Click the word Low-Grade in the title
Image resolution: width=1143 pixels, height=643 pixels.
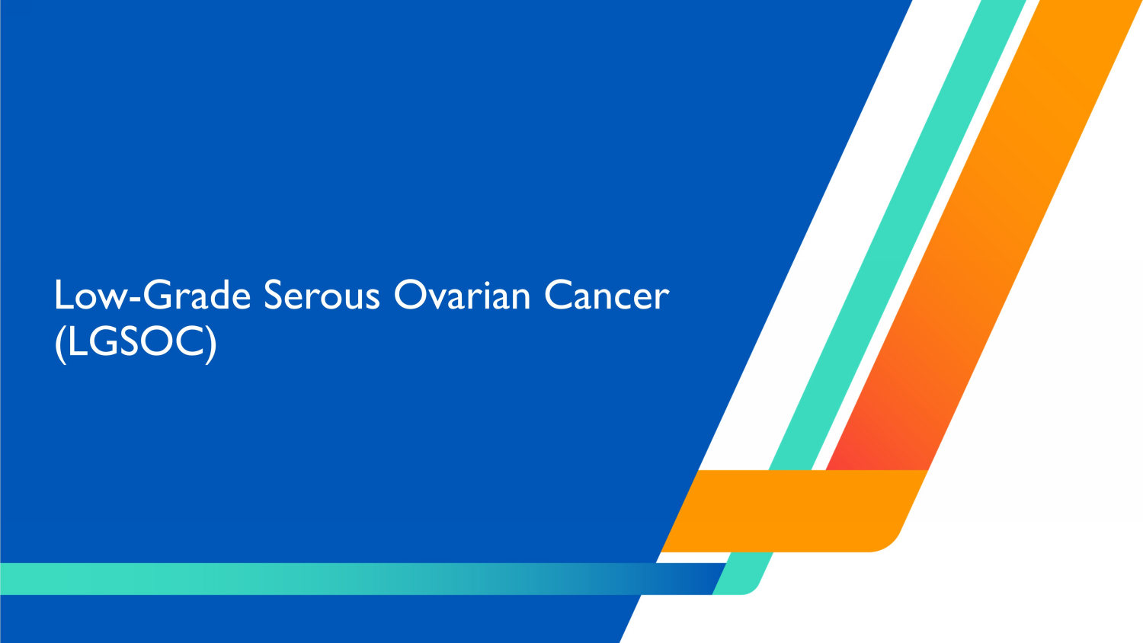152,296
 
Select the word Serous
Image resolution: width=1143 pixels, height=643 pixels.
322,296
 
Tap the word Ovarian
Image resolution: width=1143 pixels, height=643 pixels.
462,296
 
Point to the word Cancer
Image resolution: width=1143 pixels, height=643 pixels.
607,296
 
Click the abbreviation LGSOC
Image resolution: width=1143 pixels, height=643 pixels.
136,342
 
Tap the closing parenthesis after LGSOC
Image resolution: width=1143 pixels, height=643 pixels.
212,343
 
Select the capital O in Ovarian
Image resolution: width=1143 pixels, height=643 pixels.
408,296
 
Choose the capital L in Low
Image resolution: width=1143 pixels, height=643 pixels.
63,296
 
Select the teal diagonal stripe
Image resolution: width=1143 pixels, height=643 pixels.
899,229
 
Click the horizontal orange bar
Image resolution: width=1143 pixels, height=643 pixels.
785,510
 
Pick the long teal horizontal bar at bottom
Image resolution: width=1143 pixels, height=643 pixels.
305,579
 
